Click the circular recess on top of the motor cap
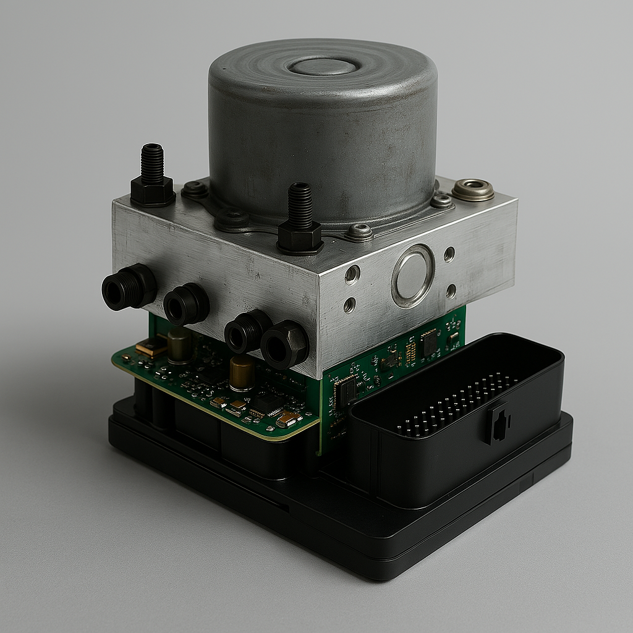(x=323, y=66)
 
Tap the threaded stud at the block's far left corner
(x=152, y=163)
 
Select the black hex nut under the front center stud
(x=300, y=237)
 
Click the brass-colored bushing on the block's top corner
(x=473, y=189)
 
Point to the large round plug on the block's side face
(x=413, y=276)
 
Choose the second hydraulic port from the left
(x=185, y=304)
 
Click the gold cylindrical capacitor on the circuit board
(x=242, y=373)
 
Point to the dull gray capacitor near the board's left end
(x=179, y=344)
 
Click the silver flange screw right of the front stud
(x=359, y=232)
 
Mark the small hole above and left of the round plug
(x=352, y=274)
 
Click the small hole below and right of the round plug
(x=451, y=291)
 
